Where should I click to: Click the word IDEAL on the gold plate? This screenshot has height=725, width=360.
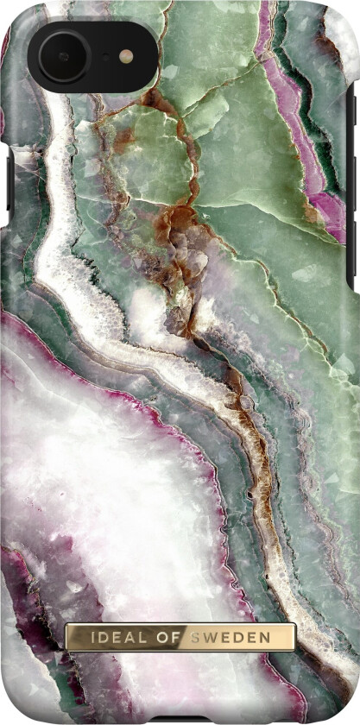coord(111,637)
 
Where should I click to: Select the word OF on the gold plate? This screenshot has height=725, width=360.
coord(166,637)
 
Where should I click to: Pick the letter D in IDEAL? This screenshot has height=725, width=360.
coord(94,637)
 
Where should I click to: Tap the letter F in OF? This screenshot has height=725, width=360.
coord(174,637)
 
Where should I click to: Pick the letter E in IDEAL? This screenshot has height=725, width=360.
coord(111,637)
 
